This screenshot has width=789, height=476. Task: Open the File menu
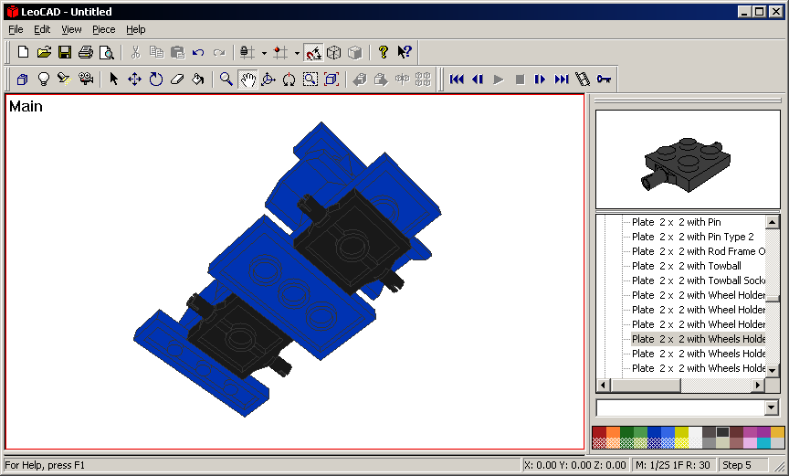16,29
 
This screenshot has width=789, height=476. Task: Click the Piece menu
103,29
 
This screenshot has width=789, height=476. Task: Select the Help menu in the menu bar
135,29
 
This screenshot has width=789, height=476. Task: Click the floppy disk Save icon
65,52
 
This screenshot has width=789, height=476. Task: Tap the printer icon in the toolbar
85,52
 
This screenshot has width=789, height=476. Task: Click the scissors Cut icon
135,52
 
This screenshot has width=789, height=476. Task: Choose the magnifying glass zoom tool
226,79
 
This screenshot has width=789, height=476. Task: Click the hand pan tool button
247,79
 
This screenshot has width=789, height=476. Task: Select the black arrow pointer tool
113,79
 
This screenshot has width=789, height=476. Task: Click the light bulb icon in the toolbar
42,79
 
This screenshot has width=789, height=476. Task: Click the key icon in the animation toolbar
604,79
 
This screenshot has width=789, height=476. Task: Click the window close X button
774,11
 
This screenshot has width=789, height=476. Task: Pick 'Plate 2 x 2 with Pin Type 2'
692,237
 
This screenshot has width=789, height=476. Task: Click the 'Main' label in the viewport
26,107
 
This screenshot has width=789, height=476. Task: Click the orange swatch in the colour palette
613,432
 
